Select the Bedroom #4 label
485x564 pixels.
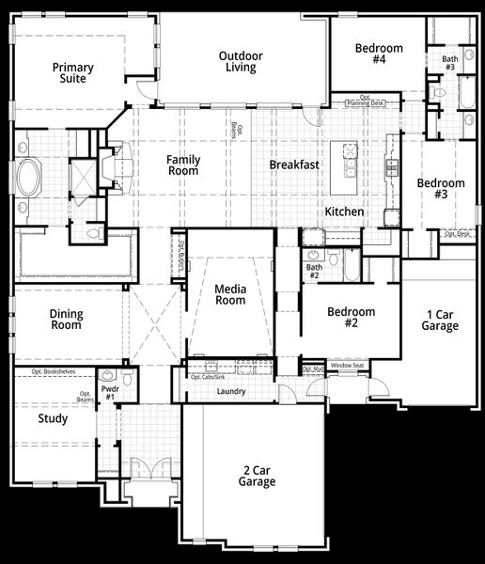[x=379, y=54]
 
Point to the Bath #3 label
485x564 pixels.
[x=449, y=62]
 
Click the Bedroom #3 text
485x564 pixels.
[x=441, y=189]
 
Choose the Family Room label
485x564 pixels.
[x=183, y=165]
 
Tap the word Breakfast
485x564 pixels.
[x=294, y=164]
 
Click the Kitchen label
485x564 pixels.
[x=344, y=212]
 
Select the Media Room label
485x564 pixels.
[x=229, y=294]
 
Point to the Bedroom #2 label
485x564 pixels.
[x=351, y=318]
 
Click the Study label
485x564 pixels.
[x=53, y=418]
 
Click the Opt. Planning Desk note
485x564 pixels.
[x=366, y=101]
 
